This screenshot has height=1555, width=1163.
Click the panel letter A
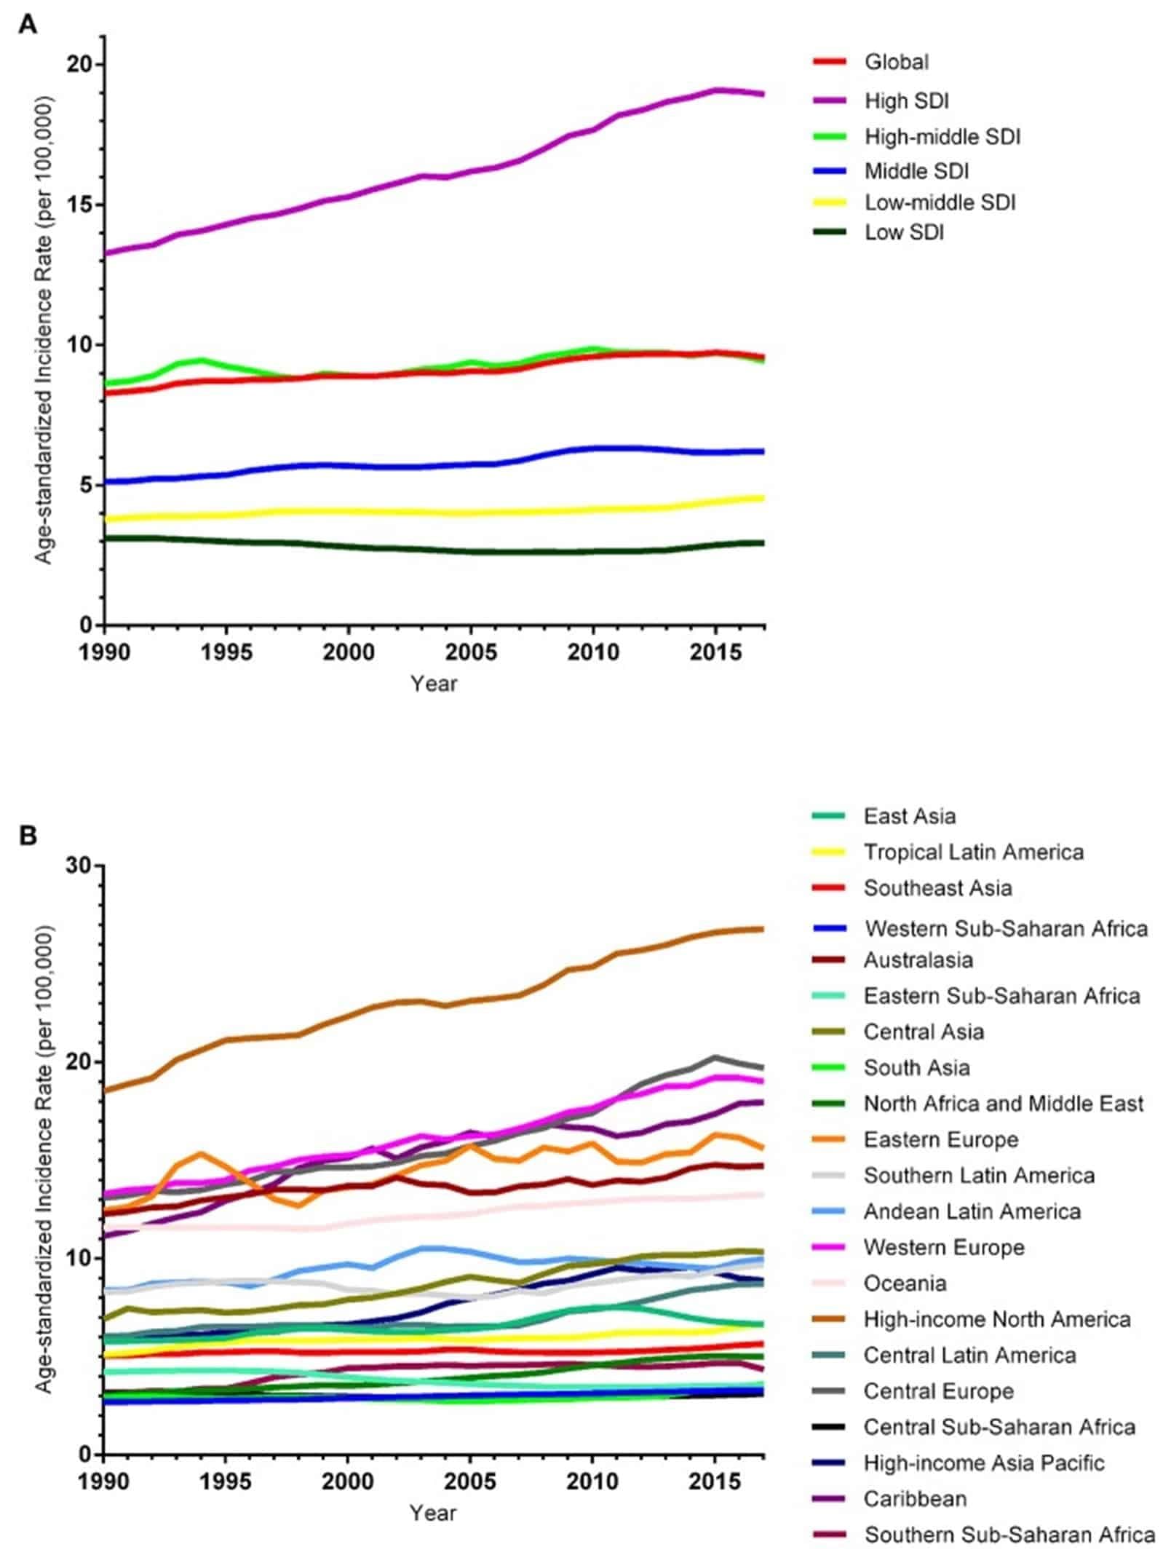click(27, 25)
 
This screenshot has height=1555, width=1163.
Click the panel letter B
click(28, 835)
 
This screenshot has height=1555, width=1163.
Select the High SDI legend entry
click(905, 100)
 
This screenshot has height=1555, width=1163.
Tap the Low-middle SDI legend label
click(939, 202)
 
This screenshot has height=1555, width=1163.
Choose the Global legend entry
click(896, 62)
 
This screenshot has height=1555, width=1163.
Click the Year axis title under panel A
click(434, 684)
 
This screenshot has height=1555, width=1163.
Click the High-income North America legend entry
click(996, 1319)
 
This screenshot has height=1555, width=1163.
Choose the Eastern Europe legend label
click(940, 1139)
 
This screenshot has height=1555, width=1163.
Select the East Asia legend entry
click(908, 816)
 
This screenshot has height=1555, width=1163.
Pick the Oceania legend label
click(905, 1283)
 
